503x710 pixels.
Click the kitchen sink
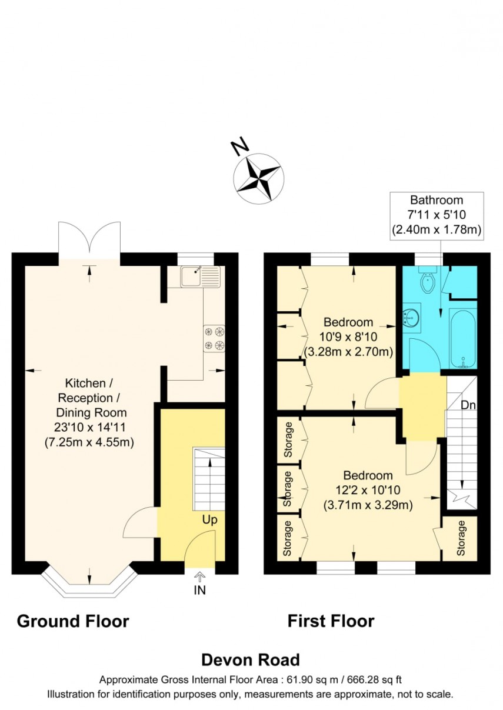[199, 275]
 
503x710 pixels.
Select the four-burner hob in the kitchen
[214, 338]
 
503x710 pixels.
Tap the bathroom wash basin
[410, 318]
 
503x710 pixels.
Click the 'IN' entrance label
[200, 590]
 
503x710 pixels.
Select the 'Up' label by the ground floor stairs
[209, 520]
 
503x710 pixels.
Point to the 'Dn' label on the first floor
[468, 405]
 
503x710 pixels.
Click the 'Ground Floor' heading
[73, 621]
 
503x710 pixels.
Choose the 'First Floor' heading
[331, 621]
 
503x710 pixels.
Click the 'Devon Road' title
[251, 659]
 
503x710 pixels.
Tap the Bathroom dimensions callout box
[437, 215]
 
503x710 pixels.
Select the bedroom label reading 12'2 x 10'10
[368, 490]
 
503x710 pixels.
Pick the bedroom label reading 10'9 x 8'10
[348, 337]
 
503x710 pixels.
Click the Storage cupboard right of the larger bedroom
[461, 538]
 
